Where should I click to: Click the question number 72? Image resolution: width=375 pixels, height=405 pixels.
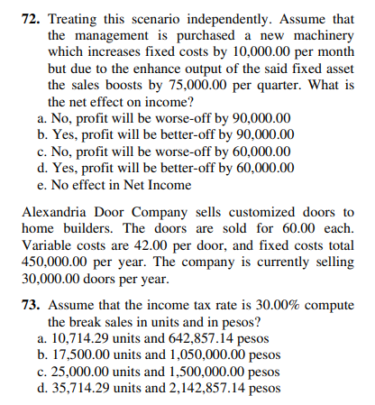click(x=32, y=17)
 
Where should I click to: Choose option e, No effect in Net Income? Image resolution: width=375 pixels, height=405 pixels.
click(x=116, y=184)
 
